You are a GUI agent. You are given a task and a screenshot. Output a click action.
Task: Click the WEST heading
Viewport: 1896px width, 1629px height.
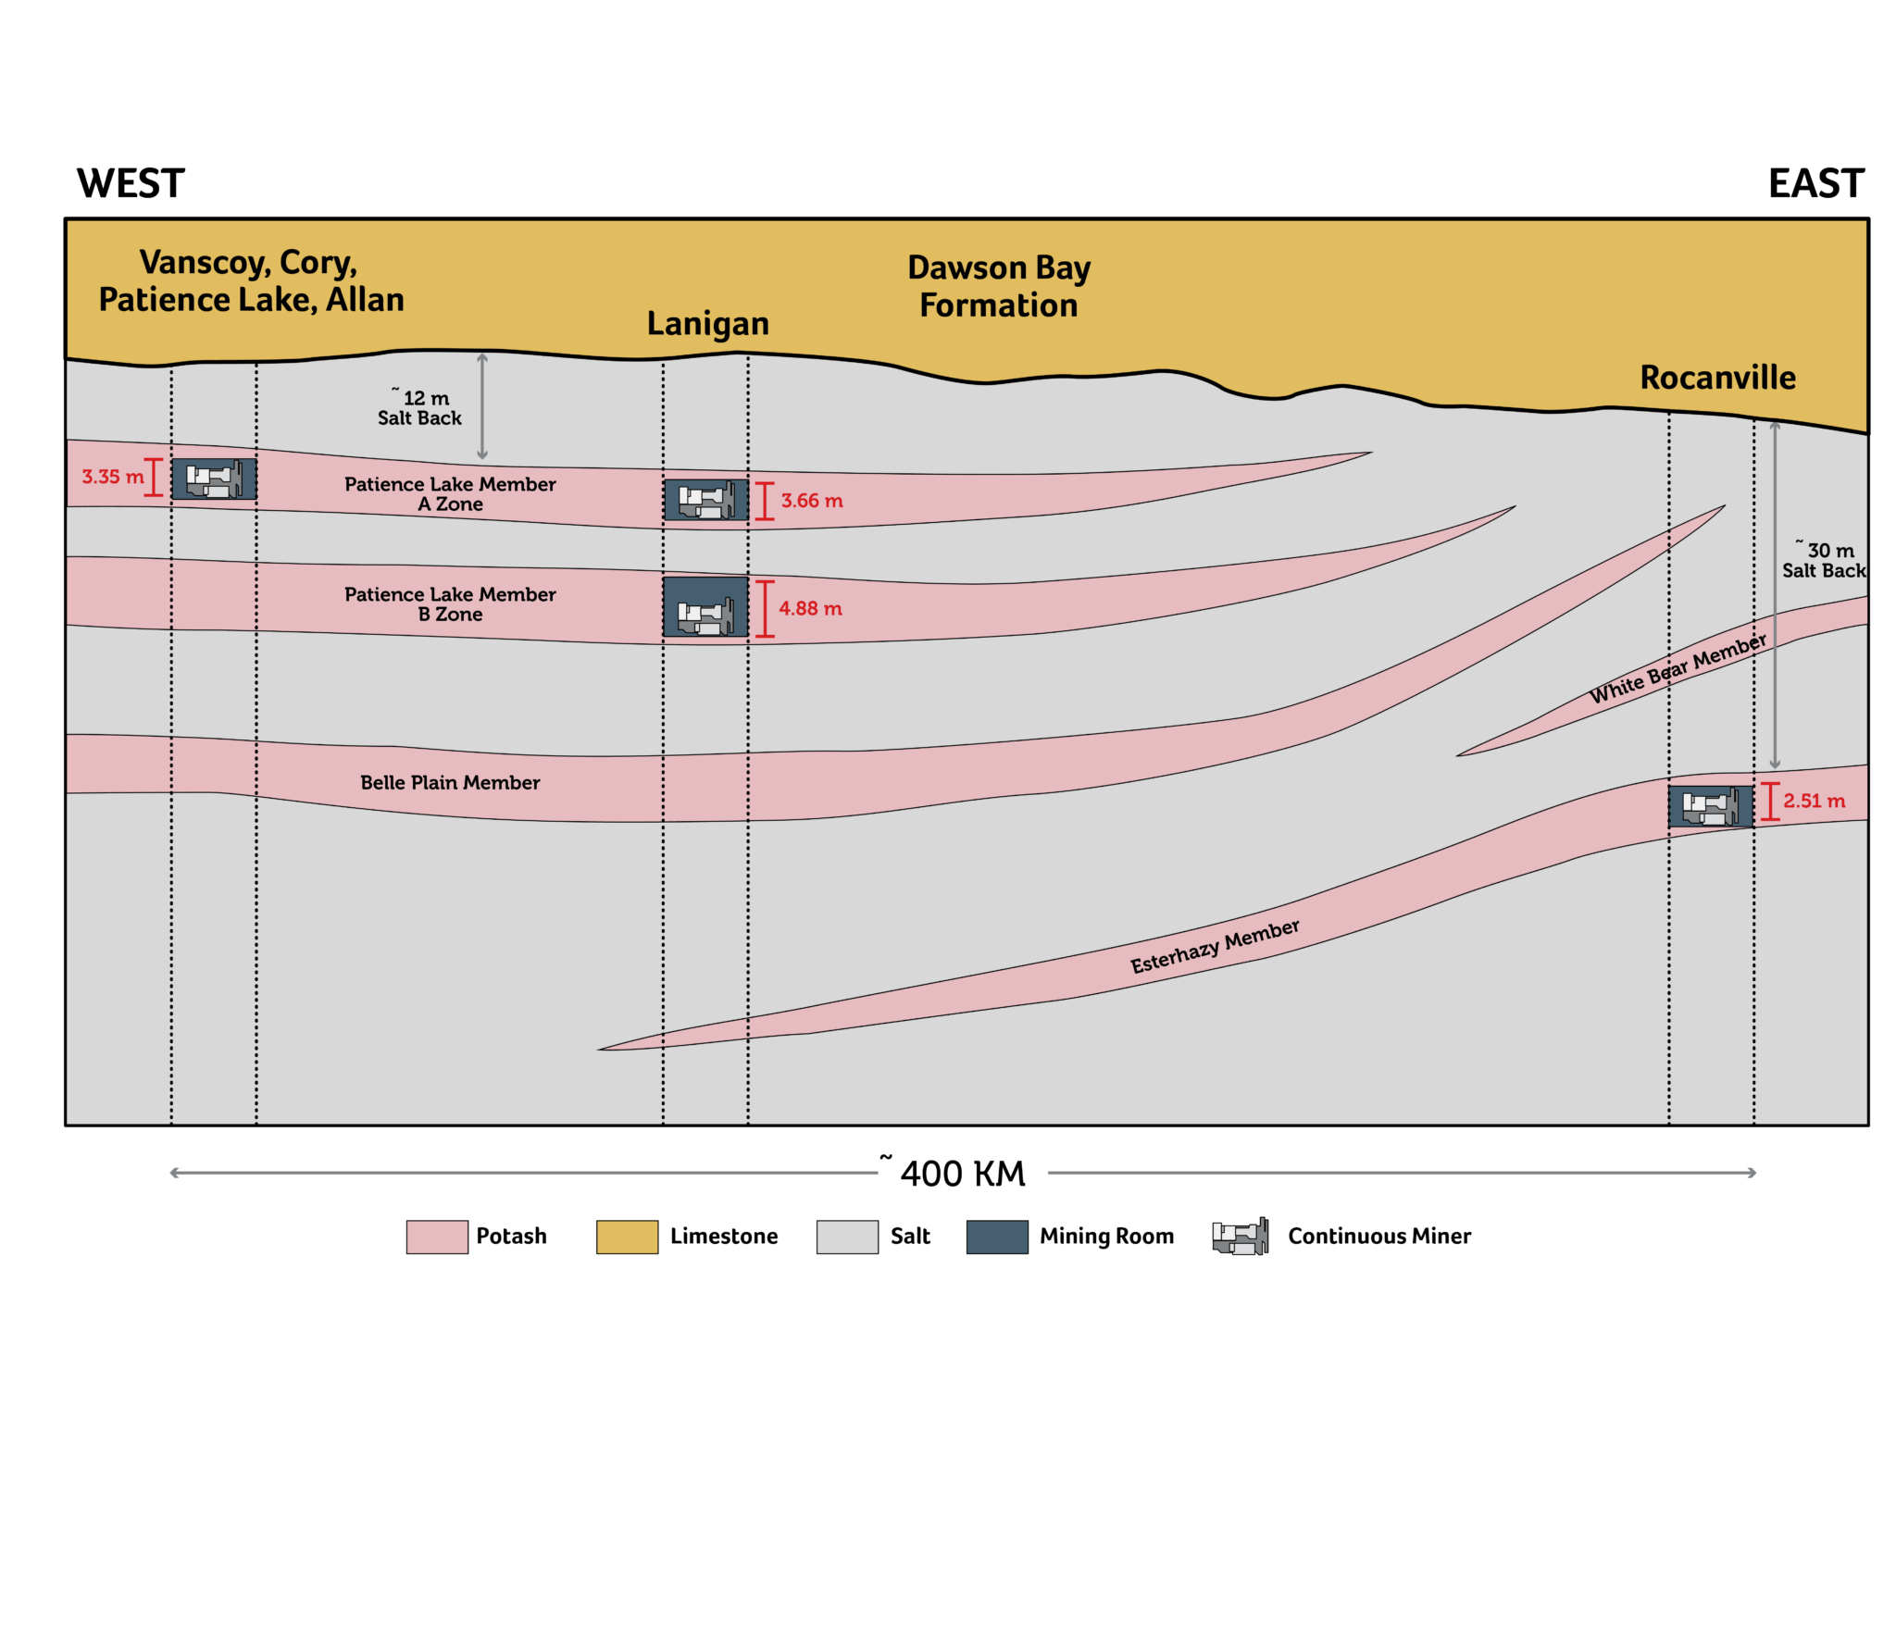coord(131,183)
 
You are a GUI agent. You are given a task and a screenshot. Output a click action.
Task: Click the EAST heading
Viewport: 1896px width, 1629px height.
coord(1815,183)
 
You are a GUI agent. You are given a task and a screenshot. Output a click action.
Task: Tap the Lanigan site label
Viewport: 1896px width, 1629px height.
coord(707,324)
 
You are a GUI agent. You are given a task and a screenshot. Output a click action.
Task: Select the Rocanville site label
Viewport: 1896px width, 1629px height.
coord(1716,378)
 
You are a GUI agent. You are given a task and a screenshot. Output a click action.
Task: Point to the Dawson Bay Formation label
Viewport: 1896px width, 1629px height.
coord(998,286)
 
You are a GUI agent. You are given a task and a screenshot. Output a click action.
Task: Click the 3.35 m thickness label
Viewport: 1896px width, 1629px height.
coord(112,477)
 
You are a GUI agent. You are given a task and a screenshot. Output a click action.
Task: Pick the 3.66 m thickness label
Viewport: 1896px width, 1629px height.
coord(811,501)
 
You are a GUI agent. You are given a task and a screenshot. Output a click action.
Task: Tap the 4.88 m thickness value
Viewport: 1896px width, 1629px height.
coord(810,608)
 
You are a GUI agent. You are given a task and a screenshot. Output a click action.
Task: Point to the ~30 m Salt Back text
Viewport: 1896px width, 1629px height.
coord(1823,560)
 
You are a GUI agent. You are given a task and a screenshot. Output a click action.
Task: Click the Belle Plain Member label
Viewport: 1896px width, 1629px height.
coord(450,782)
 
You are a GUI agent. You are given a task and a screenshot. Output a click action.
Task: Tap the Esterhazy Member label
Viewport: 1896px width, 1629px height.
coord(1214,947)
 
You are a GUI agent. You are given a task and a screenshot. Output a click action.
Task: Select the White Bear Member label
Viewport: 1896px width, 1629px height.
coord(1677,669)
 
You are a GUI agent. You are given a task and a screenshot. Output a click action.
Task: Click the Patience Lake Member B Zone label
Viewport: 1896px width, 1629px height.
coord(450,603)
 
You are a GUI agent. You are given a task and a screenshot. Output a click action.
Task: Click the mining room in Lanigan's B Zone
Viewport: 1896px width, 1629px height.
coord(705,607)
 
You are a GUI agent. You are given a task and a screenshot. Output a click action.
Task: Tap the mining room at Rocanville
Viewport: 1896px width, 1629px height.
coord(1709,806)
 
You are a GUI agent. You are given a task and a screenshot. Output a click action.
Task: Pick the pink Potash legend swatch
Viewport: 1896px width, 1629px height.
coord(436,1237)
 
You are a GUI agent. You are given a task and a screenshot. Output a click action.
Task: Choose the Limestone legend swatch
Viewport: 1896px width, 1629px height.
coord(626,1237)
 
